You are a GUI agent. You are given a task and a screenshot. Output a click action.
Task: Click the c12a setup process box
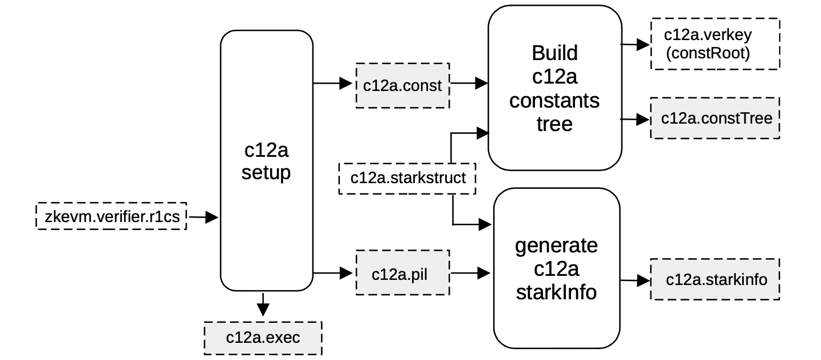[267, 160]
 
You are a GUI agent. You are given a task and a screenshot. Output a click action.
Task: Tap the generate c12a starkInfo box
[556, 268]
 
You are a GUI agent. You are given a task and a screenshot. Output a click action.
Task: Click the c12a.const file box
[402, 86]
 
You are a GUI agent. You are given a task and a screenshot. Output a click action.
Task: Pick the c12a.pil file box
[402, 274]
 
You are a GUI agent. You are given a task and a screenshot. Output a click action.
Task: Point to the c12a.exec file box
[263, 338]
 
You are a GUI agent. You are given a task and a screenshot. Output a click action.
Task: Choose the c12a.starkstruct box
[407, 178]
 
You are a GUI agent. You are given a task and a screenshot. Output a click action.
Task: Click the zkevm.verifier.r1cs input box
[112, 216]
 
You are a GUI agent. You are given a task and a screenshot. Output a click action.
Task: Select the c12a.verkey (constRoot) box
[715, 44]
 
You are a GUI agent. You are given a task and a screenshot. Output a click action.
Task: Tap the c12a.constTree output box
[715, 118]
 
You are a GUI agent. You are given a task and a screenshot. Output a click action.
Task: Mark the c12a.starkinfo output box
[715, 279]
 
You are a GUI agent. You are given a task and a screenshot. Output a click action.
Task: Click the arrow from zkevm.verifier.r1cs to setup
[203, 217]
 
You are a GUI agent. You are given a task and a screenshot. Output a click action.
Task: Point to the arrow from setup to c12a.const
[334, 84]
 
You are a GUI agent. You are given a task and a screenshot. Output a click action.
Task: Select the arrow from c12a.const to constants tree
[469, 84]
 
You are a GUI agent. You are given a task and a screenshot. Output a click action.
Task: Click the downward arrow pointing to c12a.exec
[263, 304]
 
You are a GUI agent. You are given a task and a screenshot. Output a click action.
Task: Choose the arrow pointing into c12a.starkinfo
[636, 280]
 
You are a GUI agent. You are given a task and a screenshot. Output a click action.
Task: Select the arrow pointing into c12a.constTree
[636, 120]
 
